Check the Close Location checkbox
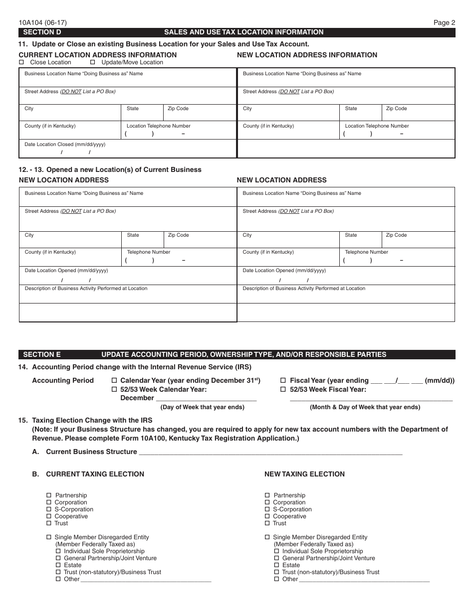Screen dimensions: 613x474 coord(21,62)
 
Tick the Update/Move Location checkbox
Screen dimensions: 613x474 coord(93,62)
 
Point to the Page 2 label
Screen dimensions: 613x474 coord(444,22)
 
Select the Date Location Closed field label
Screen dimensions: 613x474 coord(65,145)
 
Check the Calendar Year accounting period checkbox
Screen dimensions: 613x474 coord(114,381)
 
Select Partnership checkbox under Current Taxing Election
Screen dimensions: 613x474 coord(49,495)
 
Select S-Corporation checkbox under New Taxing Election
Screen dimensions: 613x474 coord(267,509)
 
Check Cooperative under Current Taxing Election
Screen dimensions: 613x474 coord(49,516)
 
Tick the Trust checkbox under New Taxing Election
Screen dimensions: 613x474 coord(267,523)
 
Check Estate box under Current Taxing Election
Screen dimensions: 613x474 coord(58,565)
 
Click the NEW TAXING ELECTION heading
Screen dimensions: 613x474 coord(304,474)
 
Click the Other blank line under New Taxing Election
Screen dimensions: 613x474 coord(364,580)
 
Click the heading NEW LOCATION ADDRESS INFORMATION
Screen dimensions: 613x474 coord(307,55)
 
